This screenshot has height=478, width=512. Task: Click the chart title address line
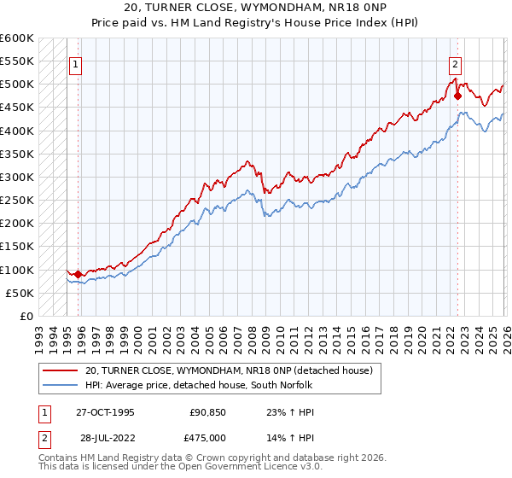255,8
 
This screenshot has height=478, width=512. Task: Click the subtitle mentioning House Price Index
255,23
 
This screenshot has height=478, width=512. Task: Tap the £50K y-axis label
20,293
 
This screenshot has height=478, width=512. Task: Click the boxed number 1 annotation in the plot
76,63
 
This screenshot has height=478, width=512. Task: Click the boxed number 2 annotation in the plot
455,63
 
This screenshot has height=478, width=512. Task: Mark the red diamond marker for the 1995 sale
79,274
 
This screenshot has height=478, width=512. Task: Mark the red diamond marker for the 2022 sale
457,96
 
